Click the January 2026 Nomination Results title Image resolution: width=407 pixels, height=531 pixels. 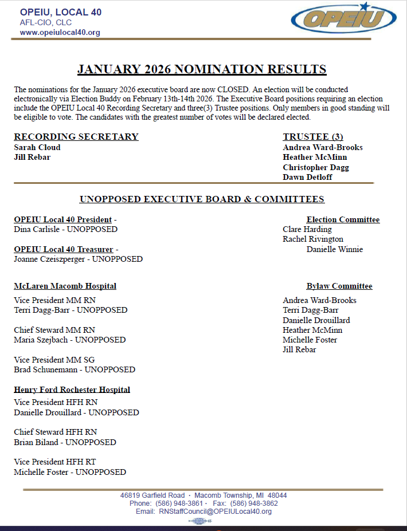click(202, 70)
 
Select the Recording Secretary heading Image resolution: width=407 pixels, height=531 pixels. click(76, 137)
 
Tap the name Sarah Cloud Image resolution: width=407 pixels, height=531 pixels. click(37, 147)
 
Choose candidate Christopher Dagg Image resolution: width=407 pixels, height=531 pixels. click(316, 167)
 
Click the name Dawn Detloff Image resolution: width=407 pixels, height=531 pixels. click(307, 177)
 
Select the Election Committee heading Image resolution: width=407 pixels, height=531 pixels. click(343, 219)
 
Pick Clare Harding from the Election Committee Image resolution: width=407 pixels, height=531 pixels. click(307, 229)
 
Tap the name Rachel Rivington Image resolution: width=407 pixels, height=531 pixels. click(313, 239)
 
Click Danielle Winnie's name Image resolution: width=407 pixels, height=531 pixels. click(335, 249)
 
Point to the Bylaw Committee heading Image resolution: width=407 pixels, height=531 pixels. click(339, 286)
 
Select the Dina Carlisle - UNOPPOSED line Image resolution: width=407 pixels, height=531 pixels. click(65, 229)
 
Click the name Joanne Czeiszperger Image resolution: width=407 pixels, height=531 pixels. click(51, 259)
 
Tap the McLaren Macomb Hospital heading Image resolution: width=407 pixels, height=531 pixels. click(65, 286)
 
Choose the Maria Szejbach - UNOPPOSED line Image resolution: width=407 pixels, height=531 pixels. click(69, 340)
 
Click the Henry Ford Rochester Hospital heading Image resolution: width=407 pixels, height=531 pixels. click(72, 390)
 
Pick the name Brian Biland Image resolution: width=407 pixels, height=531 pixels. click(36, 442)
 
